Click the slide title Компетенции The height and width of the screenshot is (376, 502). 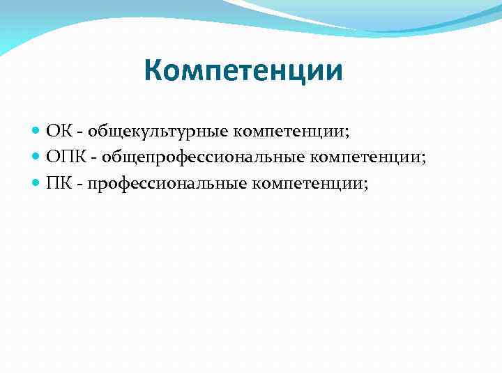click(243, 71)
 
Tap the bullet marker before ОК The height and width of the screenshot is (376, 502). click(36, 130)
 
